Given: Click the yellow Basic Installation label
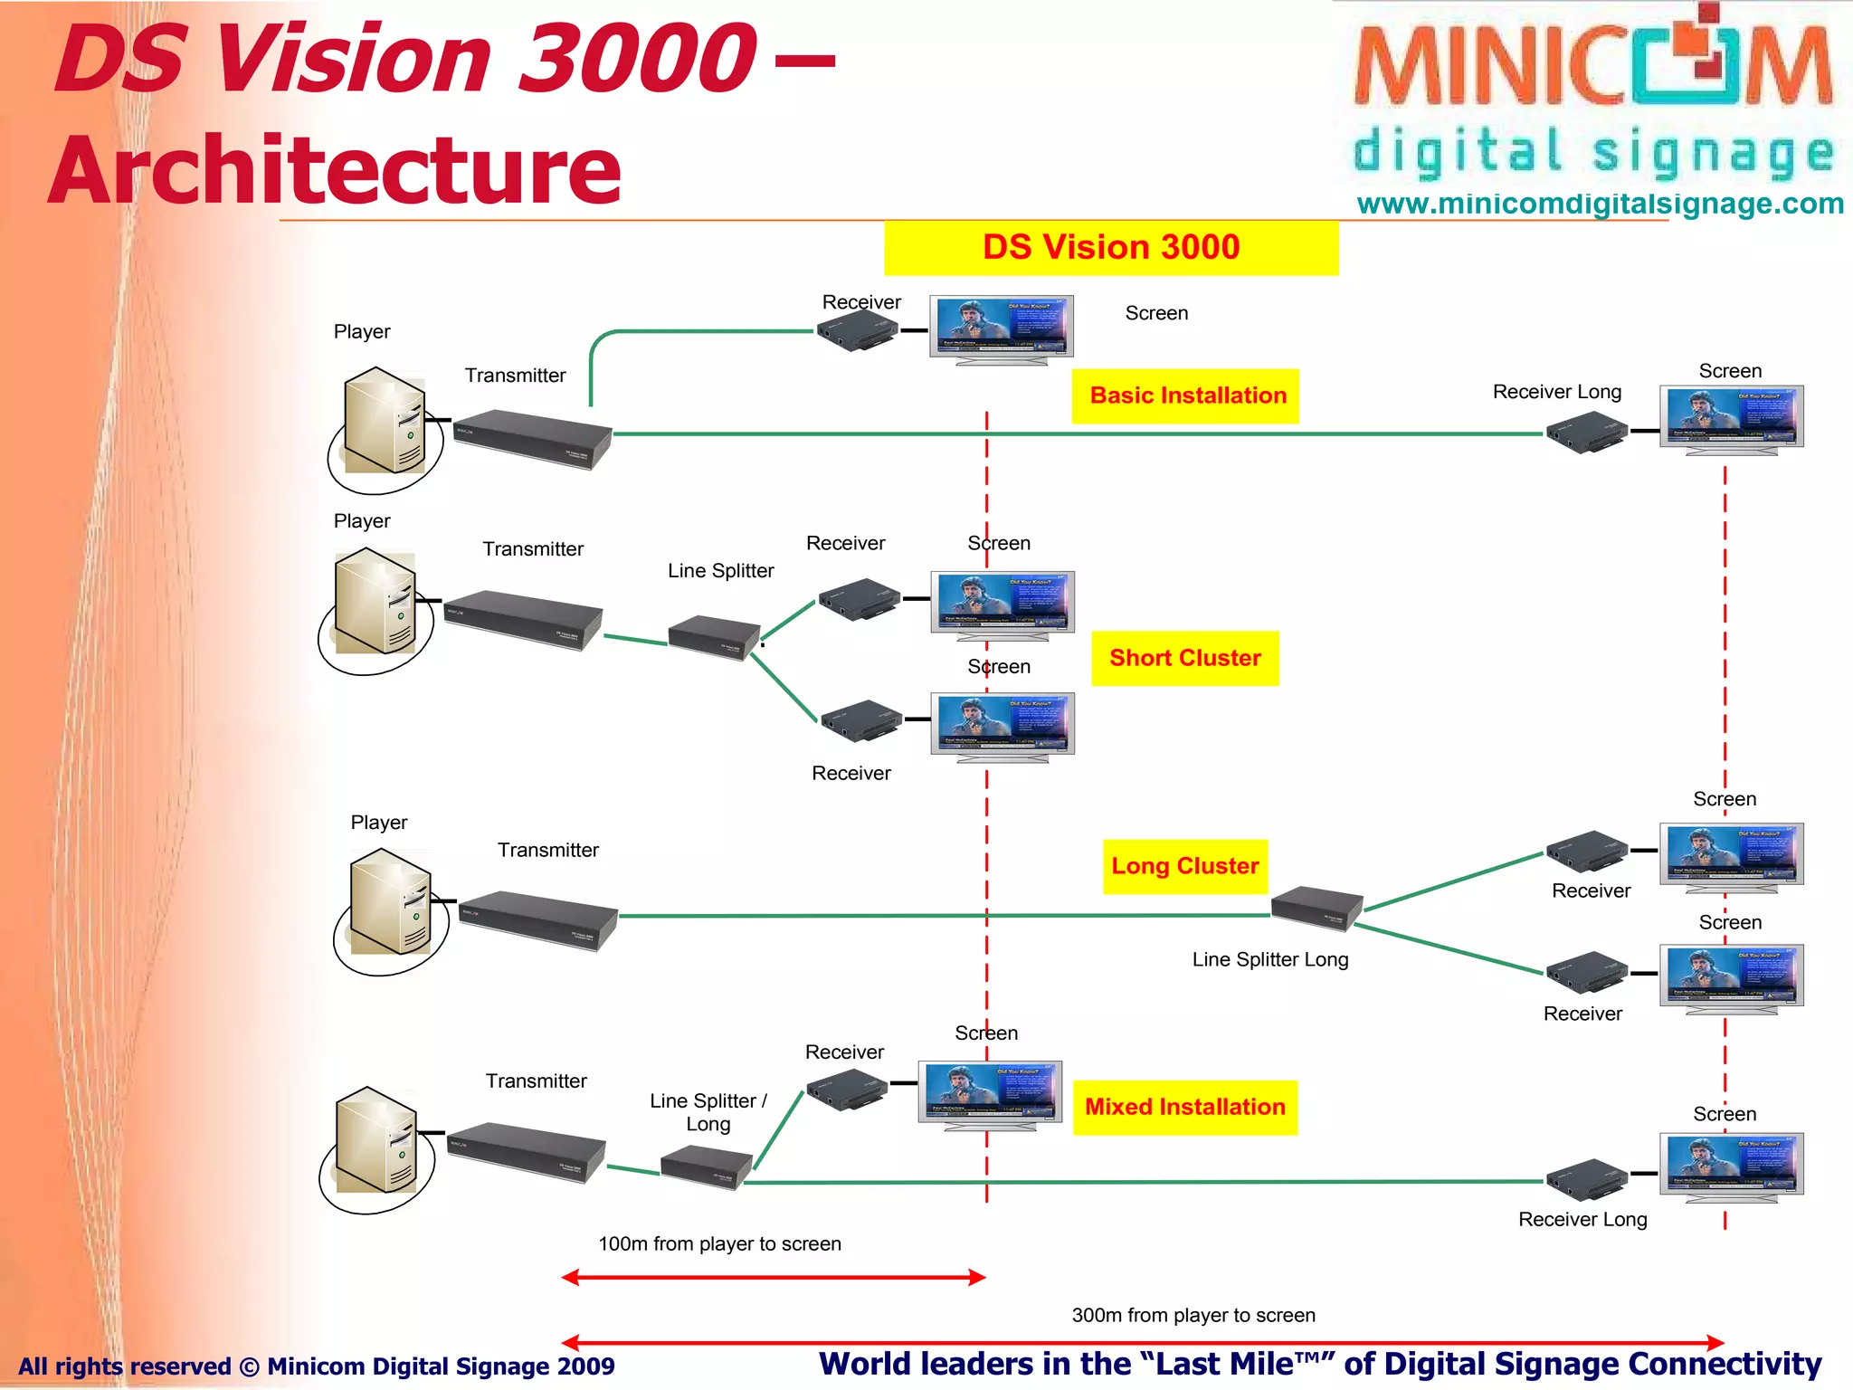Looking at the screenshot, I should (x=1185, y=395).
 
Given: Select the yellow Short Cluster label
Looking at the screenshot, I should (x=1184, y=658).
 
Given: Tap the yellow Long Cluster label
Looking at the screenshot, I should (x=1184, y=866).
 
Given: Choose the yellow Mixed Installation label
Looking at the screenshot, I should (x=1184, y=1107).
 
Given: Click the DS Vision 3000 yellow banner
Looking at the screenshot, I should (x=1110, y=247).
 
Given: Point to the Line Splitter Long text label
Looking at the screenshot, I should (x=1269, y=959).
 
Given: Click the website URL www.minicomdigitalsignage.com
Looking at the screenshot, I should (x=1600, y=204).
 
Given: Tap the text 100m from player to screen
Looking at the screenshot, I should (x=719, y=1243).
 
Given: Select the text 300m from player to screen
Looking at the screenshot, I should (x=1193, y=1315).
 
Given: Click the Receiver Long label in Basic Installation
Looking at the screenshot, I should (x=1556, y=392).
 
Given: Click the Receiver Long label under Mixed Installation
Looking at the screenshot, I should (x=1582, y=1219).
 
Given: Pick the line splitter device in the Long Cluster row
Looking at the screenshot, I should (x=1316, y=908).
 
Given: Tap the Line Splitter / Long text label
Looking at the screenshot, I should (x=708, y=1112).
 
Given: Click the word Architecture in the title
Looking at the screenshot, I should (x=335, y=170).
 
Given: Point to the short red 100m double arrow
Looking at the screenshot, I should (x=773, y=1278).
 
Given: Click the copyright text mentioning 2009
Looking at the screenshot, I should (x=317, y=1366).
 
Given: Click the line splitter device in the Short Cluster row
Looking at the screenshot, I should (x=714, y=637).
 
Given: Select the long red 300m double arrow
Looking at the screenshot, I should (x=1142, y=1342).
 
